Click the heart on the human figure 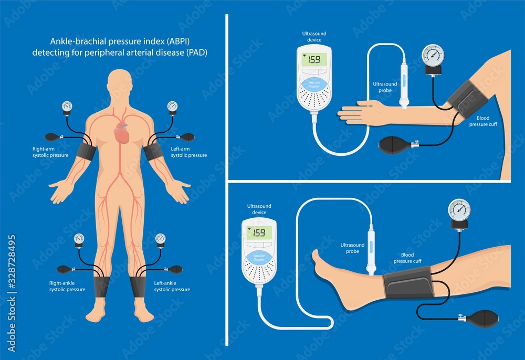tap(121, 134)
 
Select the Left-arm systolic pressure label tap(188, 152)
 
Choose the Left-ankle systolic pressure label tap(172, 286)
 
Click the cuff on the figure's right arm tap(86, 151)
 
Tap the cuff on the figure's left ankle tap(138, 287)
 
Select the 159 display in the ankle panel tap(259, 232)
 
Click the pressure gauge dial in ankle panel tap(459, 209)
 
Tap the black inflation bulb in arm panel tap(395, 143)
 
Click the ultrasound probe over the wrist tap(404, 84)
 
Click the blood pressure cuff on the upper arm tap(466, 100)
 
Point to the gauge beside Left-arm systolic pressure tap(172, 107)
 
